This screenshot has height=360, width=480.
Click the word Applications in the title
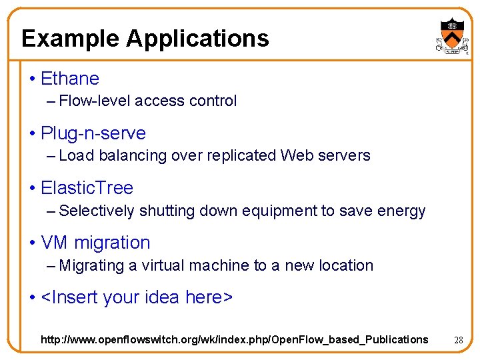197,38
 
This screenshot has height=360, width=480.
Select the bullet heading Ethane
69,79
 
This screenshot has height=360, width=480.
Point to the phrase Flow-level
95,101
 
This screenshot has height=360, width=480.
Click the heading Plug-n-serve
93,133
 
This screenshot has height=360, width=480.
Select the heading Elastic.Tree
87,188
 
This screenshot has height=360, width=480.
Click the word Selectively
97,211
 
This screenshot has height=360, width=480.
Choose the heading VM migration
95,243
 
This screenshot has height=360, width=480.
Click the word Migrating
92,265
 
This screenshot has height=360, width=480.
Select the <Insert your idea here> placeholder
137,297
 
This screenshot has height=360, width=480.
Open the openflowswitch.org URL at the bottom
234,339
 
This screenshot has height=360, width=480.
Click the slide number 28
458,340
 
